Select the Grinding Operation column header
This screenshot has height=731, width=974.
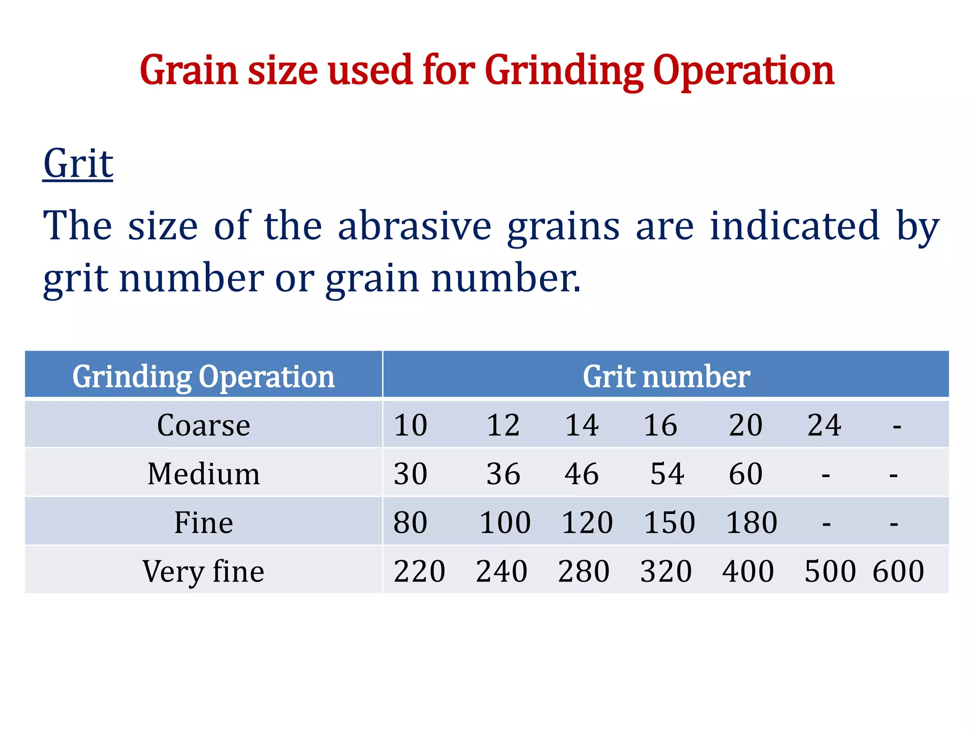click(204, 376)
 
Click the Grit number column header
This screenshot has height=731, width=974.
click(666, 376)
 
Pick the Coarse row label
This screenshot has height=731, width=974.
click(204, 425)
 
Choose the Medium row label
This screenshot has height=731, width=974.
click(204, 474)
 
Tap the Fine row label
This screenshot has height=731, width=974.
click(204, 523)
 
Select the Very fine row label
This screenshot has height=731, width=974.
click(204, 571)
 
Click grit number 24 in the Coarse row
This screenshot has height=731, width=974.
click(824, 425)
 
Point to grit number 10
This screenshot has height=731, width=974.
click(410, 425)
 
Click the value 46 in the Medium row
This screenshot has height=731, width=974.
click(582, 474)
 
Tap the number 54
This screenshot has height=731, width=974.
click(667, 474)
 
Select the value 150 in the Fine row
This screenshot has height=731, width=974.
click(669, 523)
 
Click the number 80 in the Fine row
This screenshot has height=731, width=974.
click(410, 523)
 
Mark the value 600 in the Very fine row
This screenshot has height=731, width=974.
click(898, 571)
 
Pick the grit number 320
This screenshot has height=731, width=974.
click(666, 571)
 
